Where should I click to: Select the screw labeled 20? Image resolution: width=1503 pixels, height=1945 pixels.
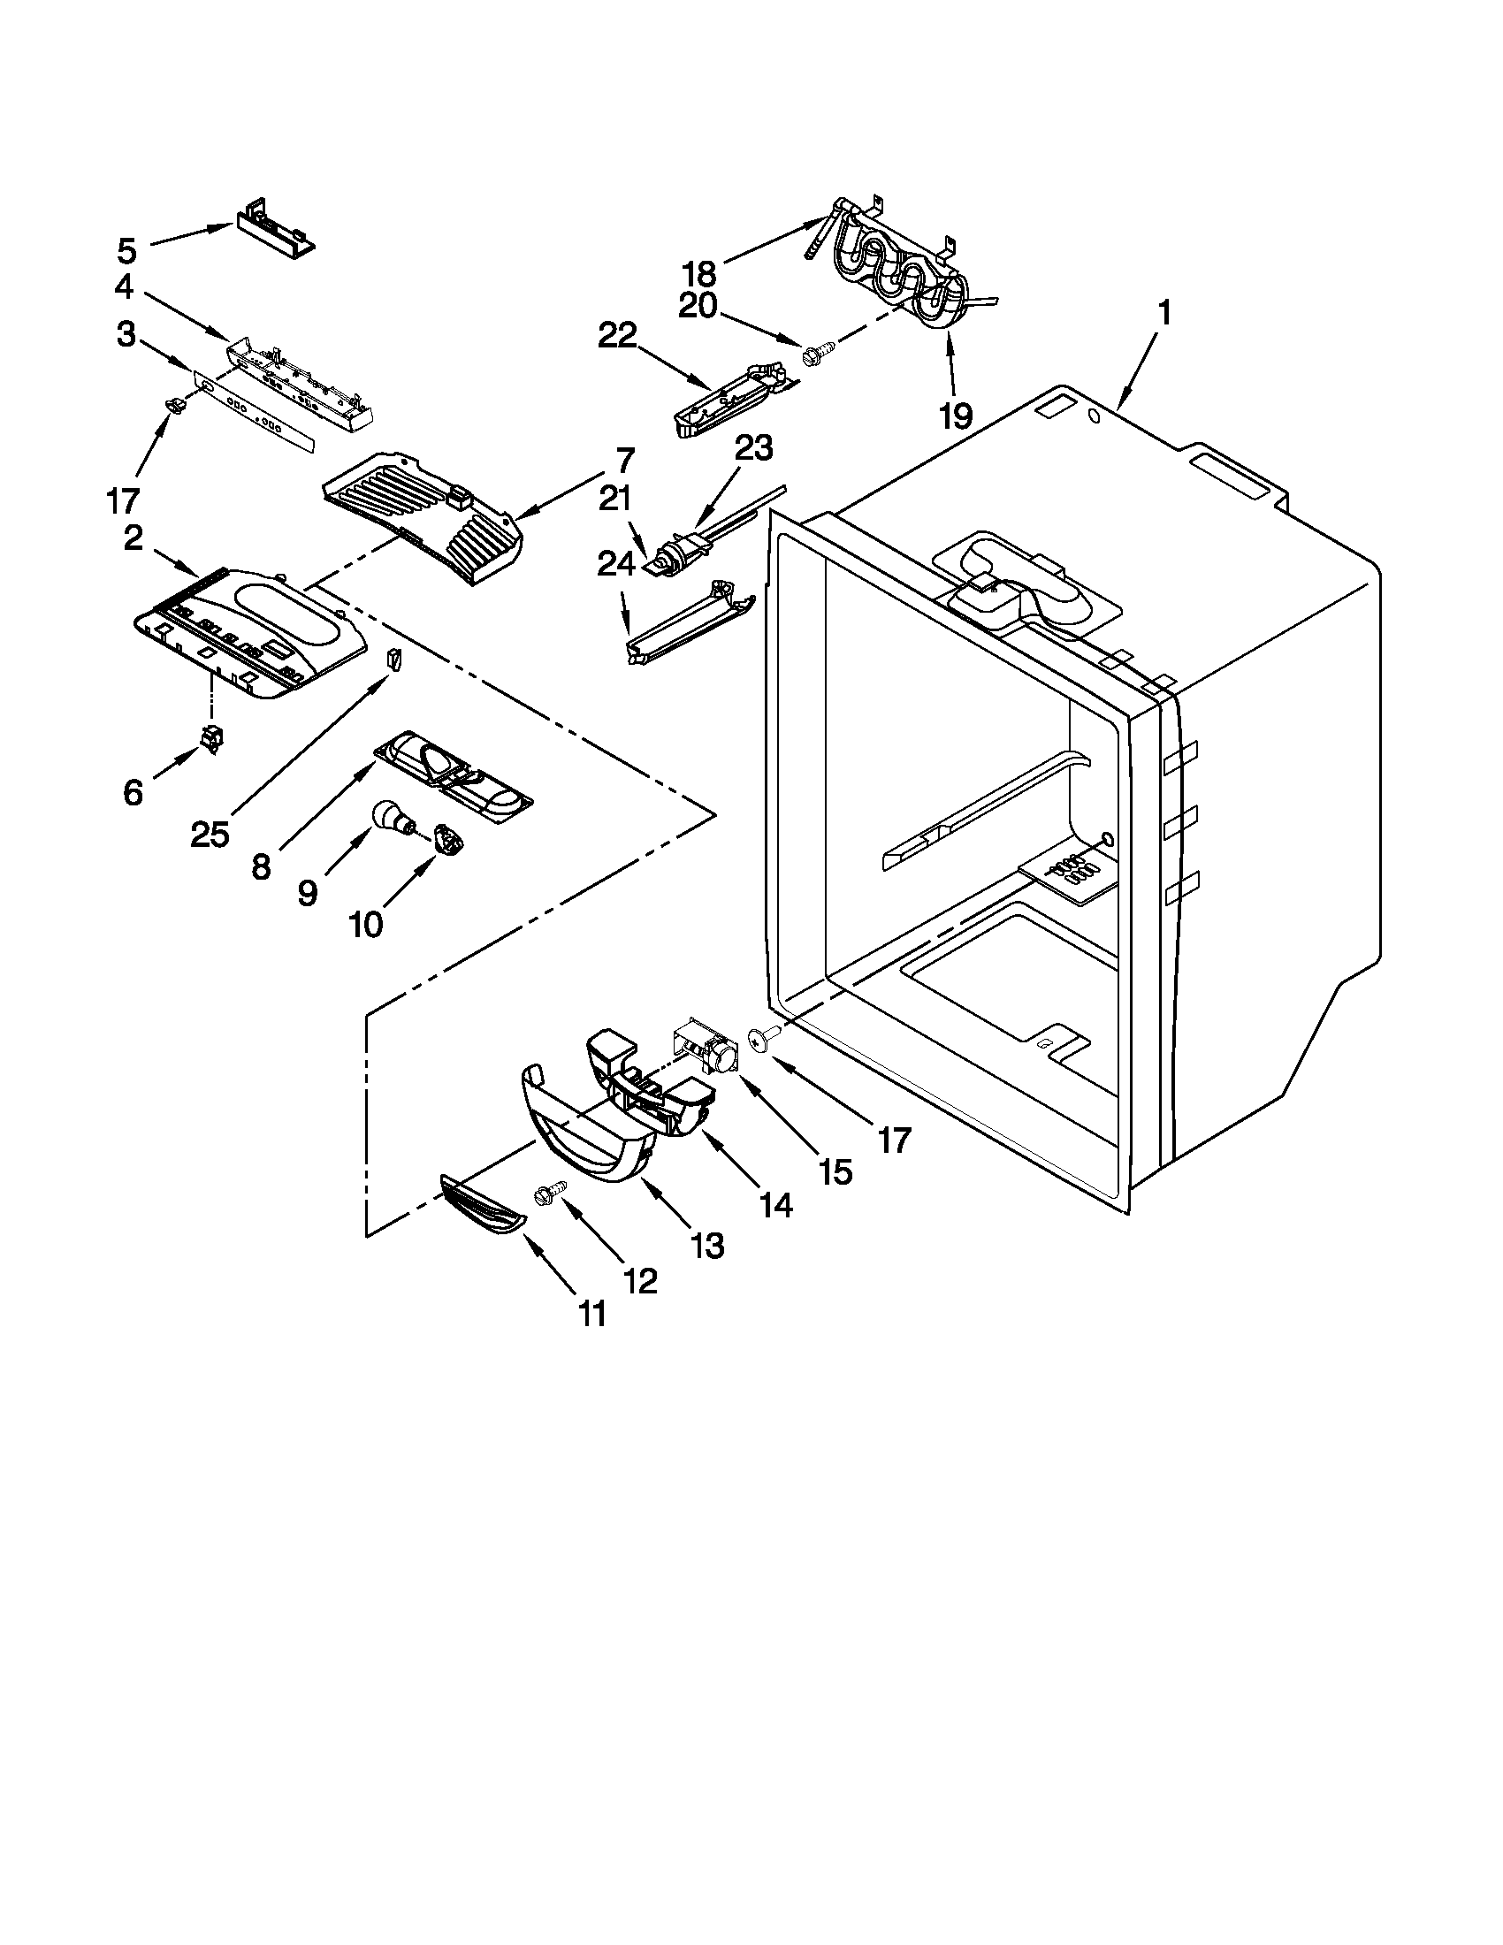coord(815,355)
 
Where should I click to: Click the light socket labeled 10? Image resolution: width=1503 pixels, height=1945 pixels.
coord(444,839)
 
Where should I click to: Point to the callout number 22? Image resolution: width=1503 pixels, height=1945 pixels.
coord(619,336)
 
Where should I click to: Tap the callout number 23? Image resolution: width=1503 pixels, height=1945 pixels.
coord(752,448)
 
